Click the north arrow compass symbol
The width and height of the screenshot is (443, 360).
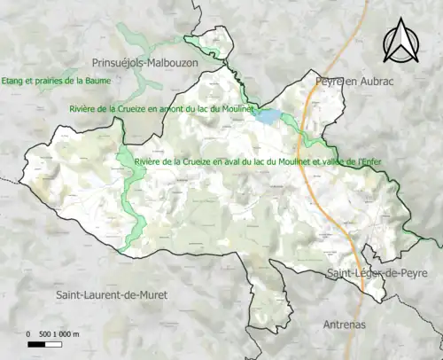pyautogui.click(x=401, y=42)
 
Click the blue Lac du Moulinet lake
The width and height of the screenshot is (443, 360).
pyautogui.click(x=267, y=115)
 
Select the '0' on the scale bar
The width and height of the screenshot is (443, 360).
pyautogui.click(x=29, y=333)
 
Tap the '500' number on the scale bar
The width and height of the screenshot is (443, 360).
pyautogui.click(x=45, y=333)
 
